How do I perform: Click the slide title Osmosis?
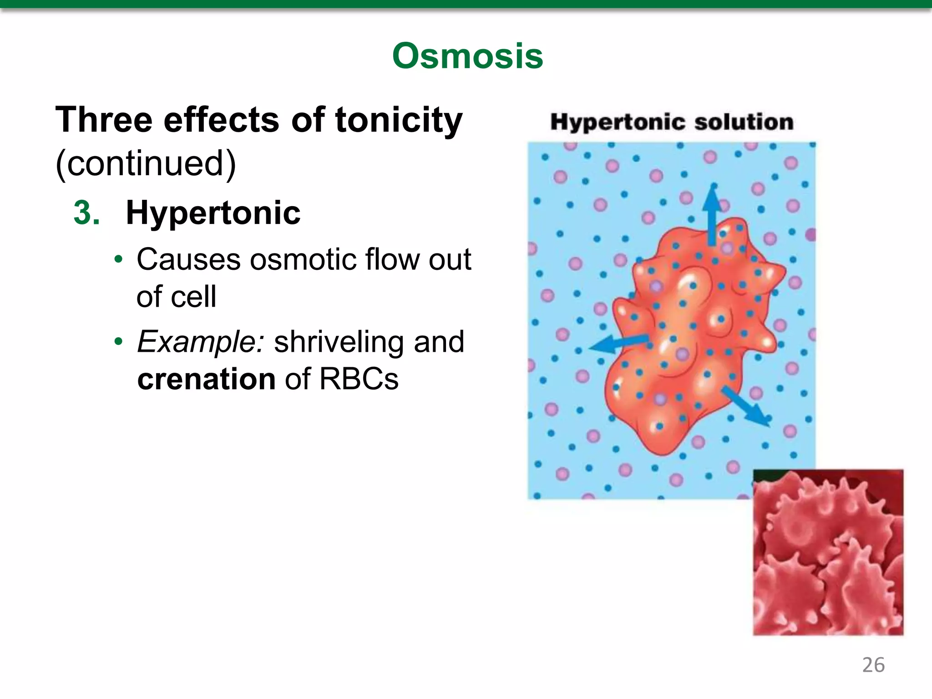(x=467, y=56)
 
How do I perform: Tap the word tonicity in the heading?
(x=399, y=120)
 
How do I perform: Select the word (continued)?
(x=146, y=163)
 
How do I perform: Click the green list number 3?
(x=86, y=213)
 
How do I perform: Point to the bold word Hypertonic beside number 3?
(x=213, y=213)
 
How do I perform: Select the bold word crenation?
(x=206, y=379)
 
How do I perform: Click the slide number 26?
(x=873, y=665)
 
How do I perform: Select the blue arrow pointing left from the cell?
(x=619, y=344)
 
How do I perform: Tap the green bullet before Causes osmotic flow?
(x=119, y=259)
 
